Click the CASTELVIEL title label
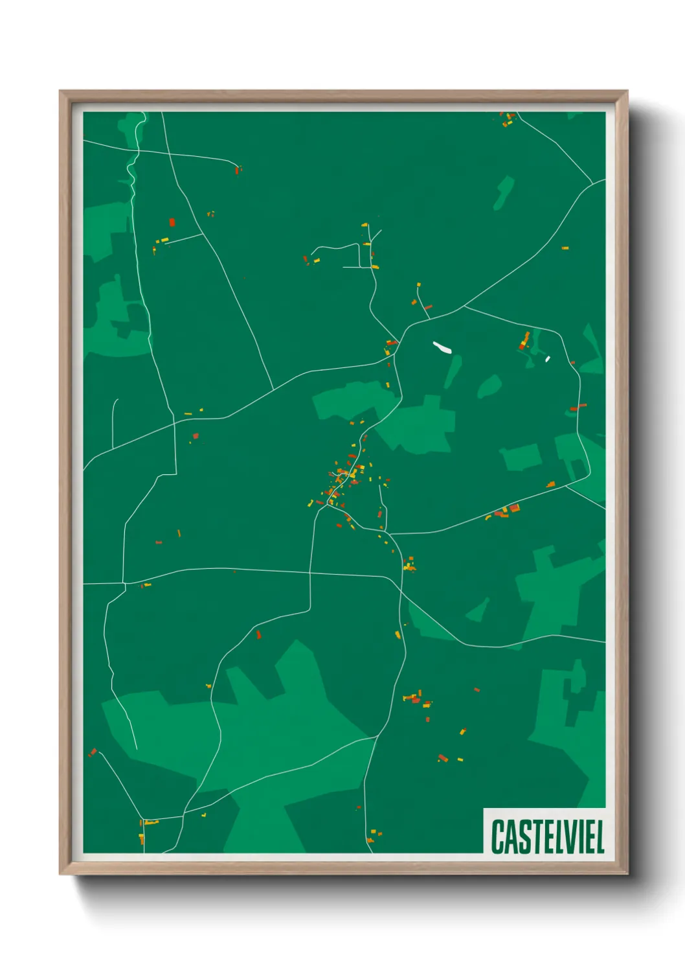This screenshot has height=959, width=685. click(547, 837)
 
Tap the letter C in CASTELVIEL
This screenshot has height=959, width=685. click(498, 837)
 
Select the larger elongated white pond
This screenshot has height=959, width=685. click(442, 347)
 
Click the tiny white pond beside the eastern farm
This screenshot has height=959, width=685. click(548, 358)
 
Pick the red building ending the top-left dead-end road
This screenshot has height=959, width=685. click(237, 170)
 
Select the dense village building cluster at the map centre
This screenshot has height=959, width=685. click(343, 479)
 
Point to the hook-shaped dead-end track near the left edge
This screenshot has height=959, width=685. click(115, 421)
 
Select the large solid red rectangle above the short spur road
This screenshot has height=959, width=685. click(172, 222)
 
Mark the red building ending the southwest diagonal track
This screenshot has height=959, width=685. click(93, 752)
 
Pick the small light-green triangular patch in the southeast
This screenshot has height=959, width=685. click(480, 610)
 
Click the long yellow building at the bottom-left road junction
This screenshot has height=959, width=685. click(150, 823)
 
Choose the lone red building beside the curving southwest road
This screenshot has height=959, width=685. click(258, 634)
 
